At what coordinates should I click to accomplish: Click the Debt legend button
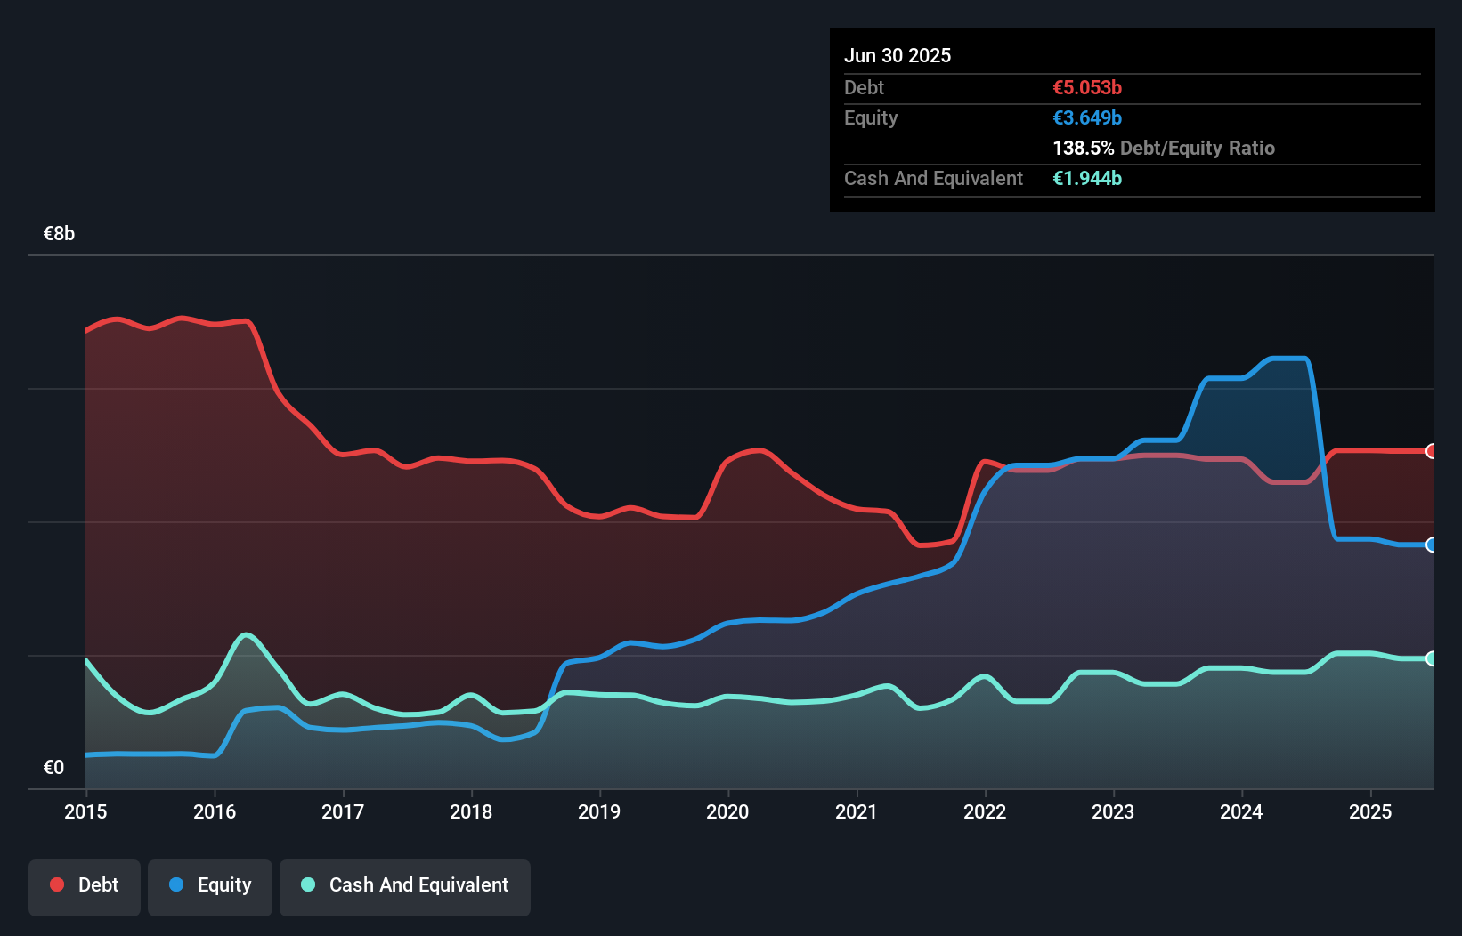[x=84, y=886]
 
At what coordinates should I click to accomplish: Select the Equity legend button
[x=210, y=886]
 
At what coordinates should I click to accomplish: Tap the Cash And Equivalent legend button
[x=405, y=886]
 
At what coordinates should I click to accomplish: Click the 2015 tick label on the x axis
[x=85, y=811]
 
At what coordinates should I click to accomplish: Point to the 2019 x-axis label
[x=599, y=811]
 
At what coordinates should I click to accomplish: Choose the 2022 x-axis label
[x=985, y=811]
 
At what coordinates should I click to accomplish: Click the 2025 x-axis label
[x=1370, y=811]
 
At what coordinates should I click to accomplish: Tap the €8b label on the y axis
[x=59, y=234]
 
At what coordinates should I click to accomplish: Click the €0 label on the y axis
[x=53, y=768]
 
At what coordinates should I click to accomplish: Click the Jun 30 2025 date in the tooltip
[x=898, y=55]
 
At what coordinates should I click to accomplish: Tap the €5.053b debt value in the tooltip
[x=1087, y=87]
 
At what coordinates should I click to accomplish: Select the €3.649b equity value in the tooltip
[x=1087, y=117]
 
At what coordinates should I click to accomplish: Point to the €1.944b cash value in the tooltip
[x=1087, y=178]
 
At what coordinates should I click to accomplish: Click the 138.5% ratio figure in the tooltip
[x=1083, y=148]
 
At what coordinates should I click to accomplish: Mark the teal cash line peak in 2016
[x=246, y=634]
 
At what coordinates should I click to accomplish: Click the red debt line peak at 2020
[x=758, y=450]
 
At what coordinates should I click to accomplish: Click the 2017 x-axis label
[x=343, y=811]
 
